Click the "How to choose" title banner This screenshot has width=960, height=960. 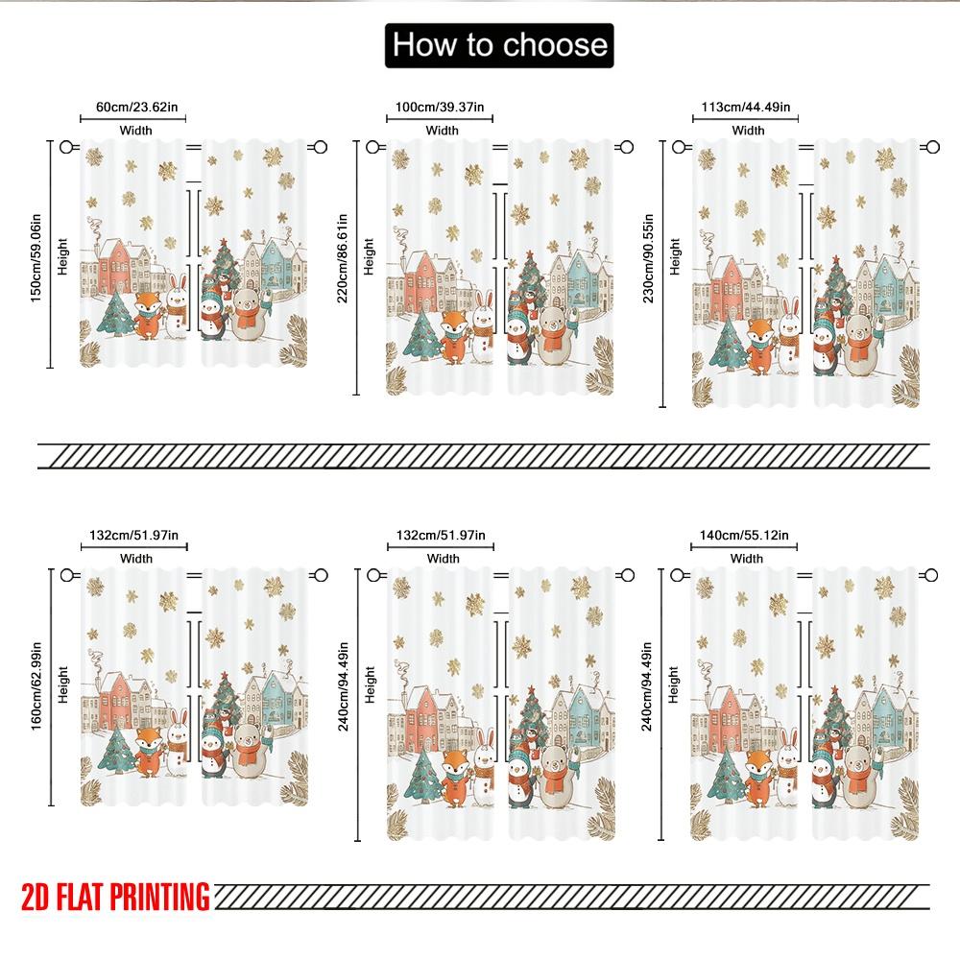point(499,45)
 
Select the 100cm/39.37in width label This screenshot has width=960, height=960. point(440,108)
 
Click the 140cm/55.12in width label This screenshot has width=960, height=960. point(746,535)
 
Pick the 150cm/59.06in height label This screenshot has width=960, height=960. point(36,253)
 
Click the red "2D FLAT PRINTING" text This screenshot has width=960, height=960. point(114,897)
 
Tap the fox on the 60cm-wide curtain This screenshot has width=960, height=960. point(148,318)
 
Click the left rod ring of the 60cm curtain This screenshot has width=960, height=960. point(66,147)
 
